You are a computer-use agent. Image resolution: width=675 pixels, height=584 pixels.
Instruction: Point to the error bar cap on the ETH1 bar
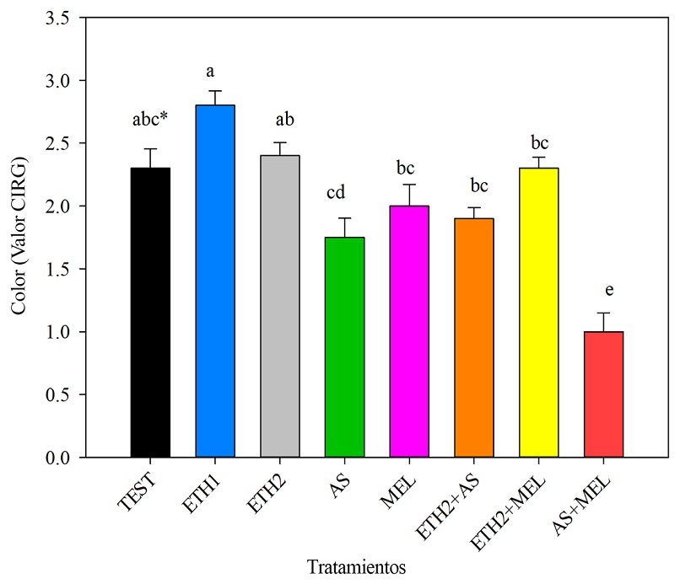coord(215,91)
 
